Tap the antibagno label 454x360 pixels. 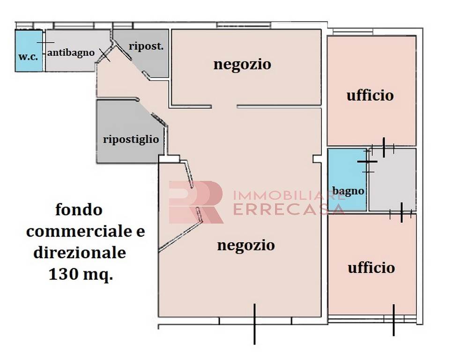(x=71, y=52)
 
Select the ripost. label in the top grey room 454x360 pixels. (x=146, y=46)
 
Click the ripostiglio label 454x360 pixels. (x=131, y=139)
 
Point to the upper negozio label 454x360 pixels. (x=242, y=64)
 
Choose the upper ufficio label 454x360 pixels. (x=370, y=96)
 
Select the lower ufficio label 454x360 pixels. (x=371, y=268)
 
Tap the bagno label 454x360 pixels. (x=348, y=191)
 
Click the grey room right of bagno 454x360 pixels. (x=392, y=180)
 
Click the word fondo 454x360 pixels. (x=79, y=210)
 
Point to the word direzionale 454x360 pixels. (x=80, y=253)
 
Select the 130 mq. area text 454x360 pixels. (x=81, y=275)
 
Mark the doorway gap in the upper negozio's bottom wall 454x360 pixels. (x=224, y=106)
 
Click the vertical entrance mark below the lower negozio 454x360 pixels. (x=254, y=323)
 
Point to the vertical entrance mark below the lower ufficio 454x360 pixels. (x=393, y=320)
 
